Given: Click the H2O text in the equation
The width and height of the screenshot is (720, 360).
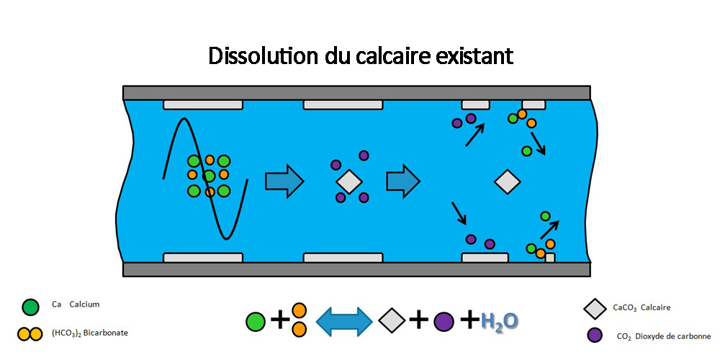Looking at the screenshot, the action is click(x=499, y=320).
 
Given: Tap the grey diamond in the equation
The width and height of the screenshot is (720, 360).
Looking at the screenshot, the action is click(x=392, y=320).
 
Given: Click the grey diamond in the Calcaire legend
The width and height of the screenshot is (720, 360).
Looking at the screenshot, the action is click(x=594, y=309).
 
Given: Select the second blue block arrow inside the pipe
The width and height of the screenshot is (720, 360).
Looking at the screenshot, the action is click(x=403, y=180).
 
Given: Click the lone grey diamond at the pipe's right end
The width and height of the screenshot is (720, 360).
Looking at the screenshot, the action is click(x=507, y=181).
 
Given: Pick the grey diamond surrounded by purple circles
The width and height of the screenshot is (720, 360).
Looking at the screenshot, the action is click(x=349, y=181).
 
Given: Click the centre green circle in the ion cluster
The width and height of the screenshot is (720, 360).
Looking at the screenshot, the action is click(x=209, y=176).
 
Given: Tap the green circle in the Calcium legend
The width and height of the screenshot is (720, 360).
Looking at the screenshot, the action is click(x=30, y=307).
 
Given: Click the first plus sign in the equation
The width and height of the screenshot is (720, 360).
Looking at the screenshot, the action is click(x=280, y=320).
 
